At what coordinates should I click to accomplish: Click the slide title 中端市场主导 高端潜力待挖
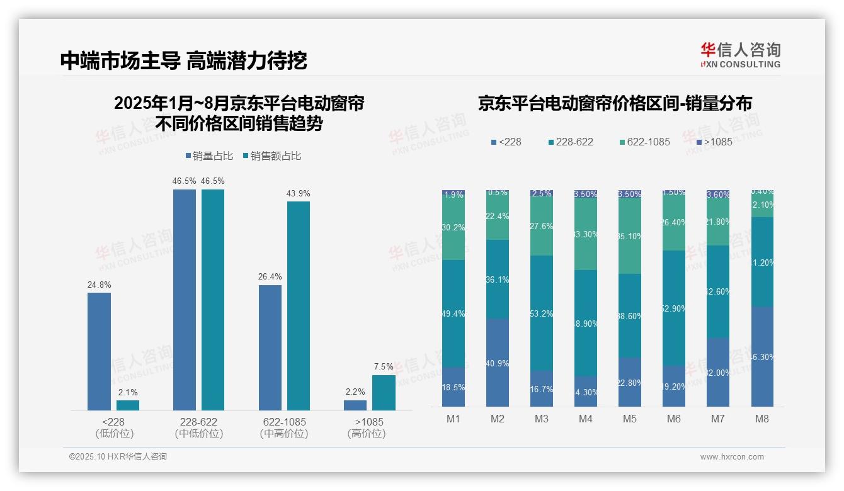click(183, 60)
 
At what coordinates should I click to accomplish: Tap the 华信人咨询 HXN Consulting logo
click(740, 55)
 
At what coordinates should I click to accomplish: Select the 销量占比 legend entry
click(210, 155)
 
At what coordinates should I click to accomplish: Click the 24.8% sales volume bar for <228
click(99, 351)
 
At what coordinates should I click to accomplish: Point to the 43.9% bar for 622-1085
click(299, 305)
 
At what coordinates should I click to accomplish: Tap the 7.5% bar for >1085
click(384, 392)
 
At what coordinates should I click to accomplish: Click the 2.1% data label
click(128, 392)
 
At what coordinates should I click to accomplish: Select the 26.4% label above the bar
click(270, 276)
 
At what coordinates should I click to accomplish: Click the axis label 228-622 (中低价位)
click(199, 427)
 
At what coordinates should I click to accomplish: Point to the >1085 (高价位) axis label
click(366, 427)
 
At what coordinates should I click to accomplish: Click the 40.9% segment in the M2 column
click(498, 363)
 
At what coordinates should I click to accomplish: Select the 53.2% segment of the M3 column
click(542, 313)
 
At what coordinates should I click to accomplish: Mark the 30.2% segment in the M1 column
click(453, 228)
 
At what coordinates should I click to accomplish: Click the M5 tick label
click(630, 419)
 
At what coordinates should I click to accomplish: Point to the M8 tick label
click(762, 419)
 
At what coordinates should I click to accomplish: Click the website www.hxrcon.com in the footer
click(732, 457)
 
